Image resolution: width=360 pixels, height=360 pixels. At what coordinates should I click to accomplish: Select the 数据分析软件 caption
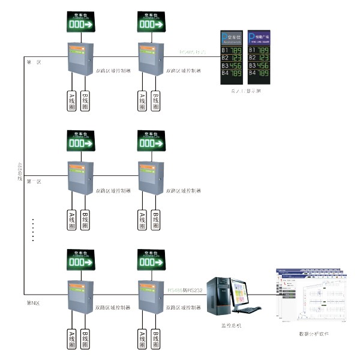pyautogui.click(x=314, y=334)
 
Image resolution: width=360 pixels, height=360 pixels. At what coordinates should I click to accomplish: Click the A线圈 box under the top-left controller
pyautogui.click(x=70, y=101)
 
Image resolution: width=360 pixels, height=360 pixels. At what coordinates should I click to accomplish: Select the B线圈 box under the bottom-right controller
pyautogui.click(x=156, y=339)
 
